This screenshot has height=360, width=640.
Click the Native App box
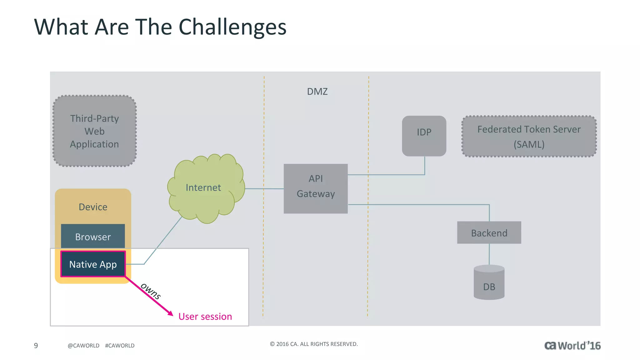(93, 264)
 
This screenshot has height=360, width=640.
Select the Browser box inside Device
(93, 237)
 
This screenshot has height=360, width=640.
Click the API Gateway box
(316, 188)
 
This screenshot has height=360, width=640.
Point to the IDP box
(424, 136)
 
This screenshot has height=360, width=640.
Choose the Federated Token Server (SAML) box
(529, 136)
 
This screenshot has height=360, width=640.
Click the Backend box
(489, 232)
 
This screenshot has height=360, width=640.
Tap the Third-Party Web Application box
(94, 131)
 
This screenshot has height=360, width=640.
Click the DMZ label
(317, 92)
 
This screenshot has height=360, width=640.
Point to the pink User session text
(205, 316)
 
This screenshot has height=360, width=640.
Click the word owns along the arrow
(151, 291)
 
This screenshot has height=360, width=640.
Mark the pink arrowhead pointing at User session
(170, 313)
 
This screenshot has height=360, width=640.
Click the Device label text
(93, 207)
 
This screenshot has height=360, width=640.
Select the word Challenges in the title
(232, 27)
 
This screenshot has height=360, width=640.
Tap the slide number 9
(36, 345)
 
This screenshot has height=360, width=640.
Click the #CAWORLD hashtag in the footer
(120, 345)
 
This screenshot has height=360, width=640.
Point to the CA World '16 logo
(572, 345)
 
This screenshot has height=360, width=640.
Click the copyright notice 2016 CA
(313, 344)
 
